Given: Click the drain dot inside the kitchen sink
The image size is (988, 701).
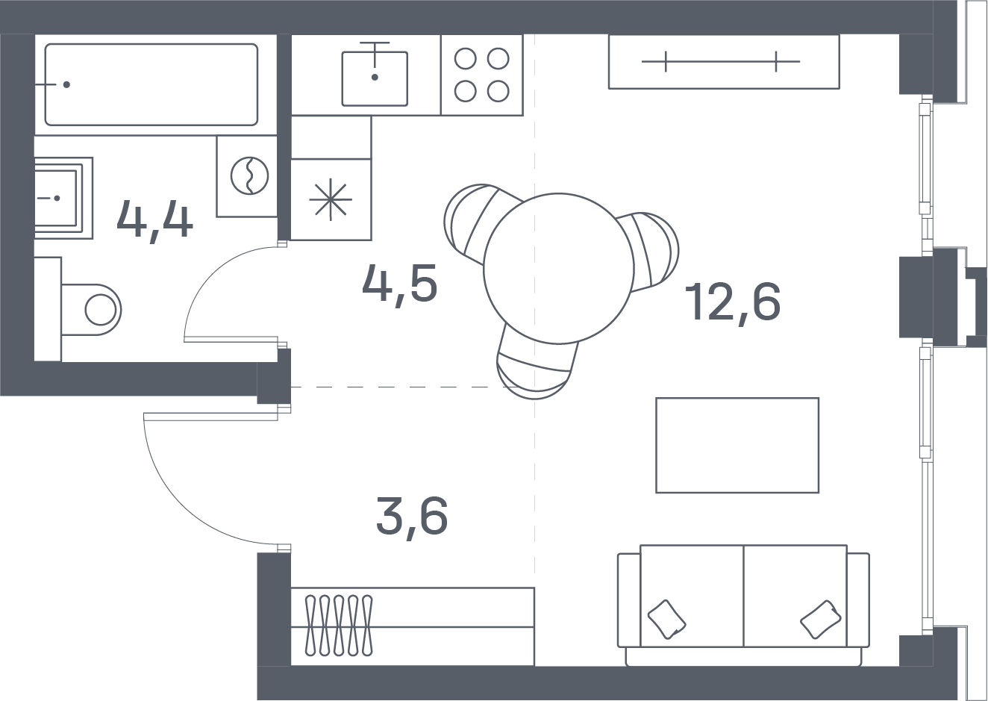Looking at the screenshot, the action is click(375, 77).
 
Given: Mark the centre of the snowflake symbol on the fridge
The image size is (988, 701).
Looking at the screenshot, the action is click(331, 199).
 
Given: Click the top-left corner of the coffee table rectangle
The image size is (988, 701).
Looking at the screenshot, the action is click(657, 399).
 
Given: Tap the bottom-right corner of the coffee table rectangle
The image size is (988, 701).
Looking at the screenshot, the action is click(819, 492).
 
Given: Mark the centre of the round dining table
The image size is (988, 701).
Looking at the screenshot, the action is click(559, 268).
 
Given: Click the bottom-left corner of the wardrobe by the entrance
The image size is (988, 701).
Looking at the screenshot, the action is click(292, 666).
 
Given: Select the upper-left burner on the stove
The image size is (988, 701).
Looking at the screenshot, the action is click(466, 59).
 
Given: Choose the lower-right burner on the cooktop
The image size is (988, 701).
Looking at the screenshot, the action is click(498, 91).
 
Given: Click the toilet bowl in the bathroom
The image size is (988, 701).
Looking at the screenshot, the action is click(91, 310).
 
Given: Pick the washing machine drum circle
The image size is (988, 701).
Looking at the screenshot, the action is click(250, 175).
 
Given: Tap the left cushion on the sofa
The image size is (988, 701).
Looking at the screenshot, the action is click(666, 619).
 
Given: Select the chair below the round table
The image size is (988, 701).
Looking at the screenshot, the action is click(537, 367).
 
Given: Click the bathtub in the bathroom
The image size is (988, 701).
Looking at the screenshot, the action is click(151, 84).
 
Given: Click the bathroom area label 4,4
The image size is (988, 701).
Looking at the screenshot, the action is click(154, 219).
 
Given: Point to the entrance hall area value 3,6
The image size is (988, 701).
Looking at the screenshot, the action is click(412, 516).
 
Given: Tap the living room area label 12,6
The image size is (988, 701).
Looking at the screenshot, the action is click(733, 302).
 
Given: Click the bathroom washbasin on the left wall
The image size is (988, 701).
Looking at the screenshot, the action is click(63, 198).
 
